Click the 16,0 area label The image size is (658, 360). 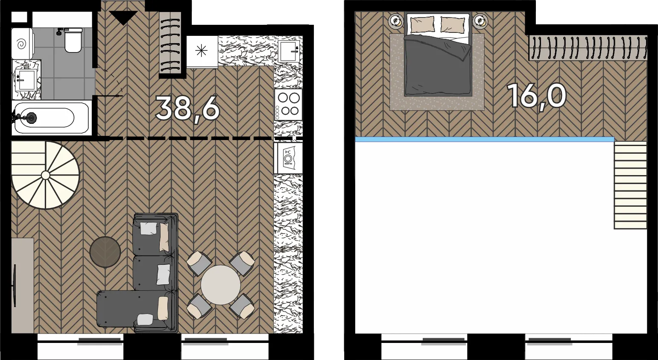pyautogui.click(x=536, y=96)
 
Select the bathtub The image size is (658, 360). pyautogui.click(x=51, y=118)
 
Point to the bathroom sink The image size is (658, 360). pyautogui.click(x=26, y=80)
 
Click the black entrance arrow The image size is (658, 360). pyautogui.click(x=123, y=18)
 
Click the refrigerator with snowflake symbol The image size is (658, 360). pyautogui.click(x=202, y=51)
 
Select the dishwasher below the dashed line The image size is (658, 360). pyautogui.click(x=288, y=158)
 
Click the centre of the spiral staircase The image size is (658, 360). pyautogui.click(x=45, y=175)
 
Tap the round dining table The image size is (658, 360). pyautogui.click(x=221, y=285)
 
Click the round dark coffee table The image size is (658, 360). pyautogui.click(x=105, y=252)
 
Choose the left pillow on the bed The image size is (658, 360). pyautogui.click(x=422, y=24)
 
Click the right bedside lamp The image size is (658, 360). pyautogui.click(x=480, y=21)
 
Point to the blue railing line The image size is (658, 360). pyautogui.click(x=484, y=139)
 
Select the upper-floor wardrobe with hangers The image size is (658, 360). pyautogui.click(x=588, y=48)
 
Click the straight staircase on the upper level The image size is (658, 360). pyautogui.click(x=630, y=185)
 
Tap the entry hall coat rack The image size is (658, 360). pyautogui.click(x=170, y=43)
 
